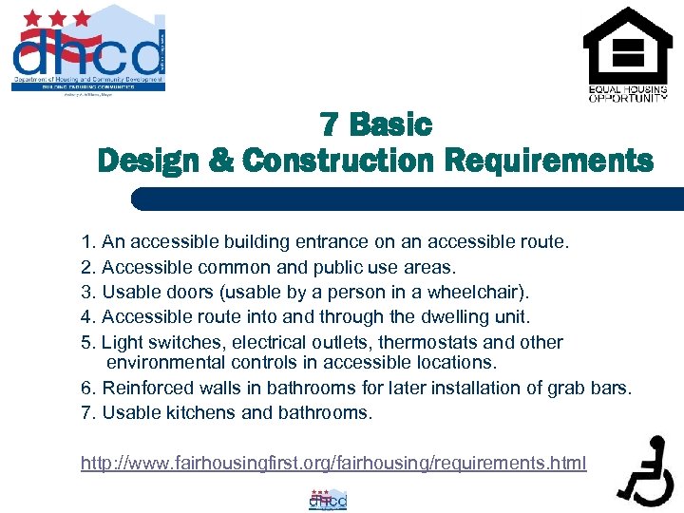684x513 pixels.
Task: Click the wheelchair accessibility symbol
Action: pos(645,470)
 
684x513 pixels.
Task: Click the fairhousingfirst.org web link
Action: pos(333,463)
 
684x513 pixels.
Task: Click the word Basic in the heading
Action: pos(390,124)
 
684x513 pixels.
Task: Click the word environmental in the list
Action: pos(167,362)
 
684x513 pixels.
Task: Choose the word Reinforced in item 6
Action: pos(147,388)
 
